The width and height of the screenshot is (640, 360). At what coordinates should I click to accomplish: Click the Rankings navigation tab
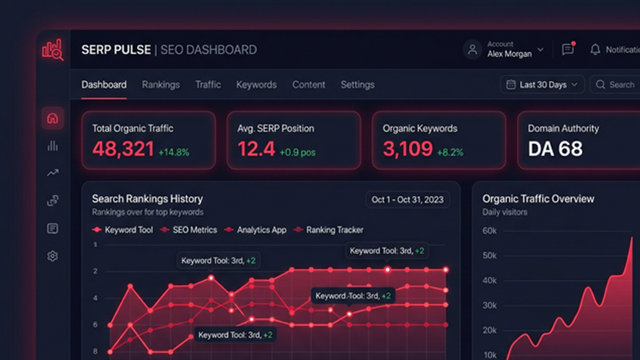[x=161, y=85]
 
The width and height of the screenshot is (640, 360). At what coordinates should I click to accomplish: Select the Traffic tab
[x=208, y=85]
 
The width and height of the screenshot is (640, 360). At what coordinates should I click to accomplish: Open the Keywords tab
[x=256, y=85]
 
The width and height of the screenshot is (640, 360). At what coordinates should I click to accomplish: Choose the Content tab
[x=309, y=85]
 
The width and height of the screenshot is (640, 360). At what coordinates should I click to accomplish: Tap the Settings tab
[x=358, y=85]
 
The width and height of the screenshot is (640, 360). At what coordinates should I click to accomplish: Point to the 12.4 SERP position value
[x=256, y=149]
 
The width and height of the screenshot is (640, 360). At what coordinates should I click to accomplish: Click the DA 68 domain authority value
[x=555, y=149]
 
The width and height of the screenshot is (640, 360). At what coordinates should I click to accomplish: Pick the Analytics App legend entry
[x=261, y=230]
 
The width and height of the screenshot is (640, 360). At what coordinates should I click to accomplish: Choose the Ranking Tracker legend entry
[x=334, y=230]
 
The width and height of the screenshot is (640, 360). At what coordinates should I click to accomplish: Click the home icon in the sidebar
[x=53, y=118]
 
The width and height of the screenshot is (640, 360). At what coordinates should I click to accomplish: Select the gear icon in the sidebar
[x=53, y=256]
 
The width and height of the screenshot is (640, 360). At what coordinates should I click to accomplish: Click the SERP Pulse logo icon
[x=53, y=50]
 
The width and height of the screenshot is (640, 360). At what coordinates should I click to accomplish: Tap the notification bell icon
[x=594, y=50]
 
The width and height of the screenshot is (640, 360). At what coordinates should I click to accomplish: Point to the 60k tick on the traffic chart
[x=490, y=231]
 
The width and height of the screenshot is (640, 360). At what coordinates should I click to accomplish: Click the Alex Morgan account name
[x=509, y=54]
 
